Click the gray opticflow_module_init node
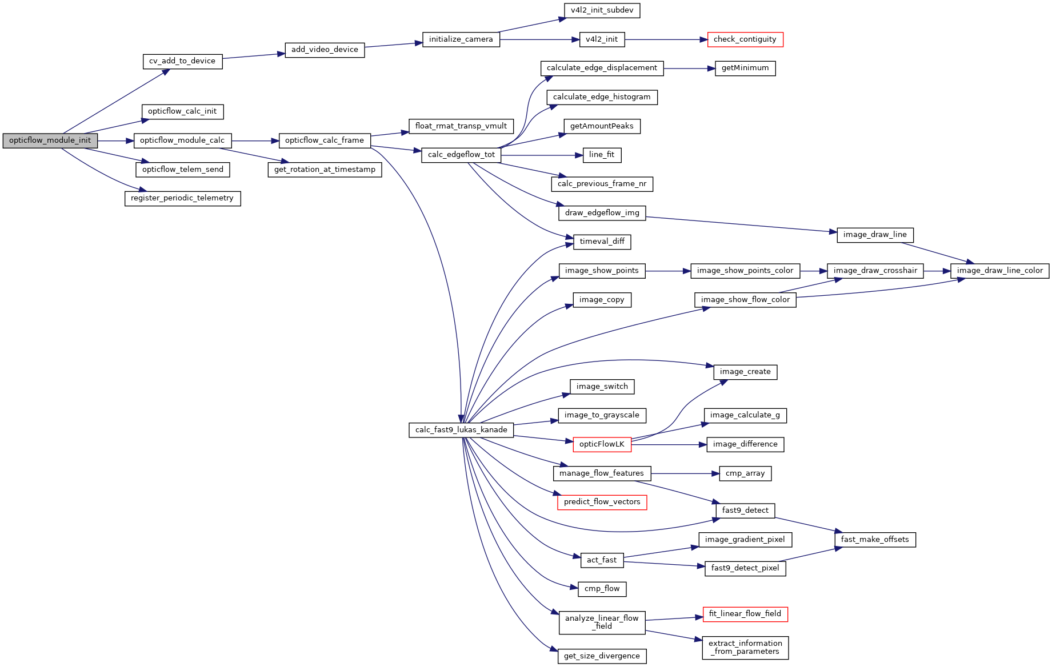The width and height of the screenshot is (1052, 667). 50,140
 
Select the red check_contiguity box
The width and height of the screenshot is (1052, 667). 745,39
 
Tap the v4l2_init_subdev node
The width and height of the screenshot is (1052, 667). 602,10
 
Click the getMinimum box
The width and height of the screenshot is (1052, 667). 745,68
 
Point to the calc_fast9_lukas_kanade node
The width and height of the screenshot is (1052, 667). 461,430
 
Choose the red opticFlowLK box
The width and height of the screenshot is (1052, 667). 602,444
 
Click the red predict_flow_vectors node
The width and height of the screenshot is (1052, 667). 602,502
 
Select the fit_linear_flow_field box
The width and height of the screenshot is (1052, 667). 745,614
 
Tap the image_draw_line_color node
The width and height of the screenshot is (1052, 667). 999,271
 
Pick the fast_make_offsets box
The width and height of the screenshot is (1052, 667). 874,540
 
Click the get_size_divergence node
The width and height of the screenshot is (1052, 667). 602,656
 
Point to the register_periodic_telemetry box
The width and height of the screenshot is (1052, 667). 182,198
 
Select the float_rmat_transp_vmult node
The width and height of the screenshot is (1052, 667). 461,126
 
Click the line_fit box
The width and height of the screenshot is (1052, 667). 602,155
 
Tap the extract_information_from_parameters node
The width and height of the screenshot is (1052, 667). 745,648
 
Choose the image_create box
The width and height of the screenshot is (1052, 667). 745,372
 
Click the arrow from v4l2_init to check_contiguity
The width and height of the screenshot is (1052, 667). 666,39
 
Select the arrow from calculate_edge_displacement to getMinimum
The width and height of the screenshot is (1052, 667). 689,69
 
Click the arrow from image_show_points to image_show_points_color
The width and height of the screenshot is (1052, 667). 668,271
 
